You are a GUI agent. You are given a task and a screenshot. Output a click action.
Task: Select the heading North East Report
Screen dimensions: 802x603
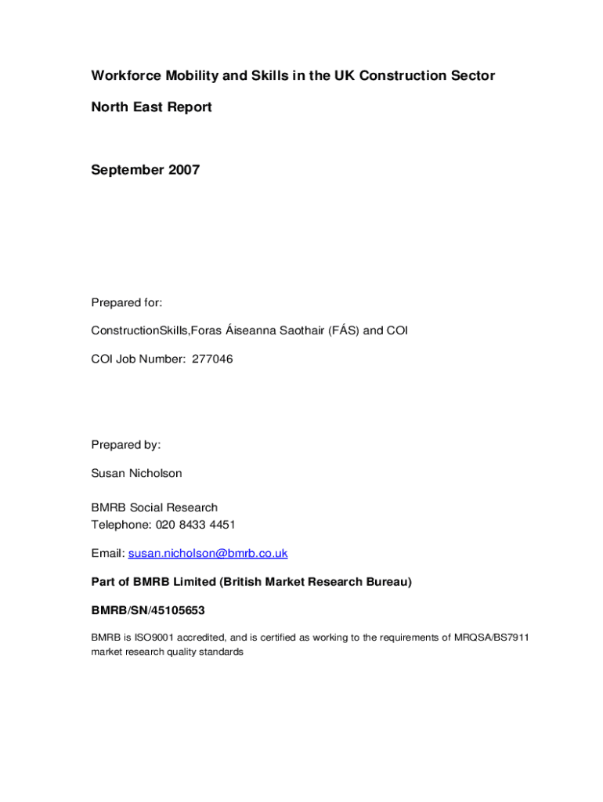151,107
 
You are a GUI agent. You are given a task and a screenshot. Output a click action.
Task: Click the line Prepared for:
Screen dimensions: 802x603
126,302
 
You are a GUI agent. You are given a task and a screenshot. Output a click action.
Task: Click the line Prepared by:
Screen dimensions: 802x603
126,445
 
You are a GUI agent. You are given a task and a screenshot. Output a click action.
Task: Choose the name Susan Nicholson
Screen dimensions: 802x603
136,473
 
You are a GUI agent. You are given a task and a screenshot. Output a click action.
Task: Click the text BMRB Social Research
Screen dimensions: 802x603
154,508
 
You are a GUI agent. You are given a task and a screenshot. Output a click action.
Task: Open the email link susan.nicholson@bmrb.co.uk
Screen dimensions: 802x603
208,553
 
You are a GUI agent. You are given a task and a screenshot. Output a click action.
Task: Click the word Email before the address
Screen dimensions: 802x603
107,553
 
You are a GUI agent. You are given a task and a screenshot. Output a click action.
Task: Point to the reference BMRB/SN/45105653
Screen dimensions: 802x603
148,609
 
